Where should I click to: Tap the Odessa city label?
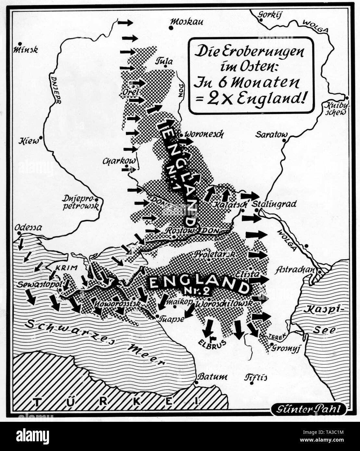tap(28, 227)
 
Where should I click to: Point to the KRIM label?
tap(67, 268)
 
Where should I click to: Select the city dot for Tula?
tap(166, 66)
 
